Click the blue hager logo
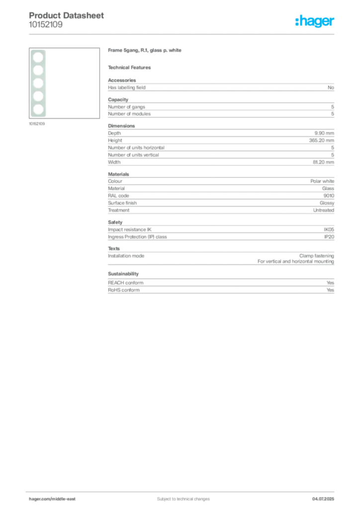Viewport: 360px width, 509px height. [315, 22]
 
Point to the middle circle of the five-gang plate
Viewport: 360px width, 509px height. [37, 83]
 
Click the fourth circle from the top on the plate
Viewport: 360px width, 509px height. [37, 96]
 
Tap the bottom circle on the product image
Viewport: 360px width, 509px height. [37, 109]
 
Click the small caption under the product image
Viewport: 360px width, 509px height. [38, 124]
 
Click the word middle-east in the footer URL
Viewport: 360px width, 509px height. [65, 499]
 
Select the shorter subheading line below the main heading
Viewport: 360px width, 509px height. [131, 67]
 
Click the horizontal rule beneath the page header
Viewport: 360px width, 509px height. [199, 34]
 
